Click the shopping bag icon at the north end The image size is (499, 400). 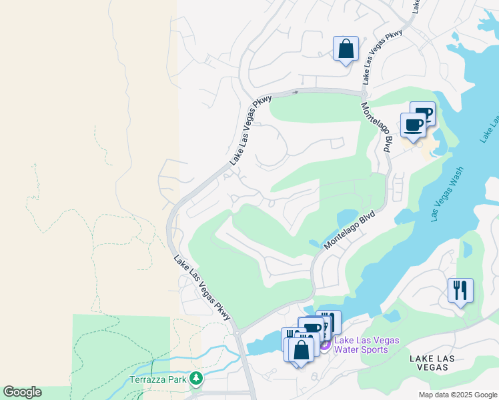[x=346, y=49]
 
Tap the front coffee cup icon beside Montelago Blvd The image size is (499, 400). [x=413, y=125]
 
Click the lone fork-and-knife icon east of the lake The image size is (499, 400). [x=460, y=290]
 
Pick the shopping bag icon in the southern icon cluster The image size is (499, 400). [x=301, y=350]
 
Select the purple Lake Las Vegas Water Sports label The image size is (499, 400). [x=366, y=345]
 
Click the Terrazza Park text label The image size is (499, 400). [x=157, y=379]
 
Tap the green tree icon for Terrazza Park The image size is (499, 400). [x=195, y=379]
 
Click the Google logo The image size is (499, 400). [x=22, y=392]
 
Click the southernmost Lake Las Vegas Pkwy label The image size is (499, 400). [x=202, y=288]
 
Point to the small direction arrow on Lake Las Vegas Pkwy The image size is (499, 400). [x=294, y=92]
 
